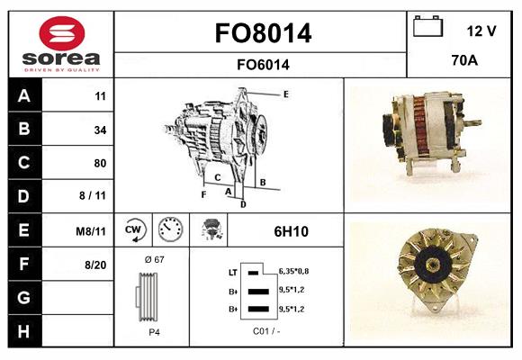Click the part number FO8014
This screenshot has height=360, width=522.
[264, 34]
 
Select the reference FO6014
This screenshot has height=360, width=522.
[264, 64]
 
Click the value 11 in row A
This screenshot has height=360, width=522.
[100, 95]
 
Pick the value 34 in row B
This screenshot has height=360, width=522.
[100, 129]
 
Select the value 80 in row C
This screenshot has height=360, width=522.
[100, 163]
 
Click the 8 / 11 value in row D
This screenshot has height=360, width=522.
[94, 196]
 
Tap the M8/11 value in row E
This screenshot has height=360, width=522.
[92, 231]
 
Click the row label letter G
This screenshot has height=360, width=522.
[23, 297]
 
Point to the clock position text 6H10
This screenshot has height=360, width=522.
[291, 231]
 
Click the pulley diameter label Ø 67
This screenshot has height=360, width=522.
[154, 259]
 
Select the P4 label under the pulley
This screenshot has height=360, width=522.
[154, 332]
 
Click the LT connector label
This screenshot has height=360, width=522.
[233, 271]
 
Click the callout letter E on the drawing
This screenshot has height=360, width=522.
[285, 94]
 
